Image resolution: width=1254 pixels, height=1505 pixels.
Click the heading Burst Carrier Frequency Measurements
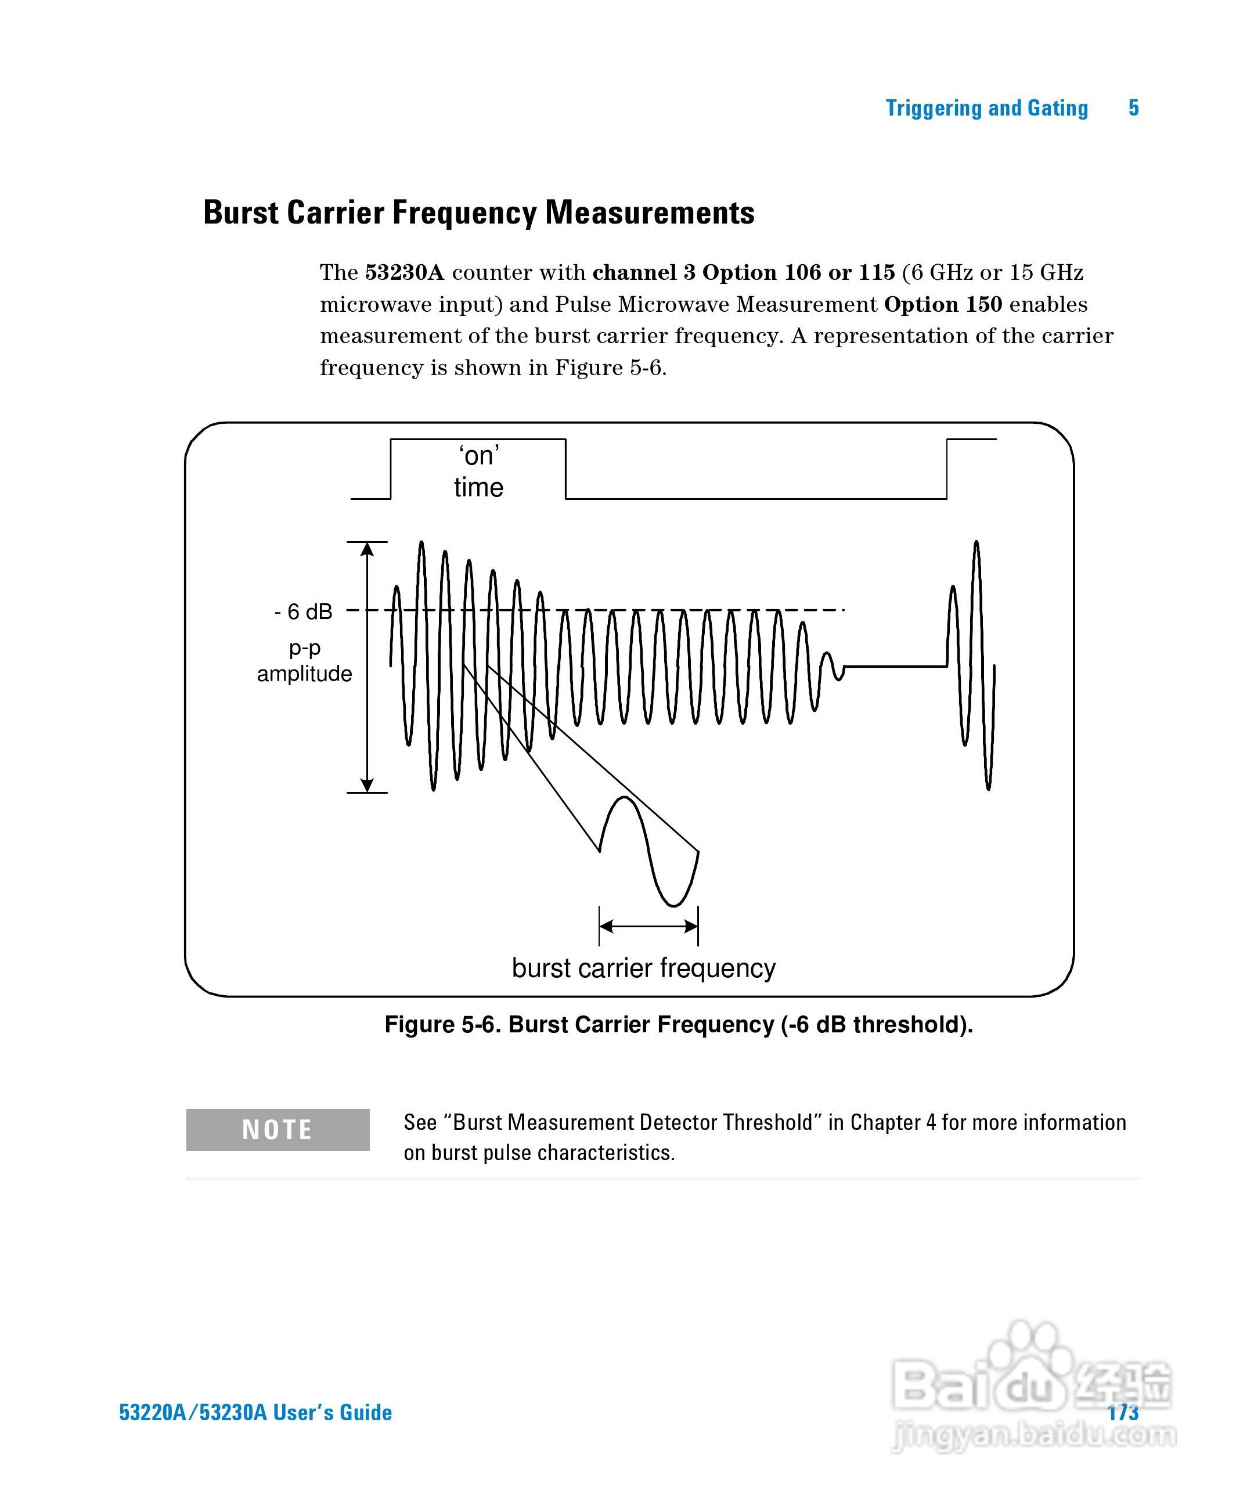(479, 213)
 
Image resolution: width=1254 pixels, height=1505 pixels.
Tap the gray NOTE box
(278, 1129)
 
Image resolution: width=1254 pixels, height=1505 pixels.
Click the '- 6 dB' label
(303, 611)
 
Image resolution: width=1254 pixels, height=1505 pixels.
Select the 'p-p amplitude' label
(305, 661)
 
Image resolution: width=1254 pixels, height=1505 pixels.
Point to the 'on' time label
(479, 471)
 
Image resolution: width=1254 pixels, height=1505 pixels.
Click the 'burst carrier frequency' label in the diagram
(643, 968)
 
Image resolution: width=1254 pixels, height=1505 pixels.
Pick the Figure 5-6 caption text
(678, 1024)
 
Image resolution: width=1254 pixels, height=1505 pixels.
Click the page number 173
(1123, 1412)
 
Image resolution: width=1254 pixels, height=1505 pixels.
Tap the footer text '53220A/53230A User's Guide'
(255, 1413)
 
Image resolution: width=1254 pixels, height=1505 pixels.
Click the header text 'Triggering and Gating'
(987, 108)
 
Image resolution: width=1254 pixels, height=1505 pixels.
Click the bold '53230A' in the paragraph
(405, 273)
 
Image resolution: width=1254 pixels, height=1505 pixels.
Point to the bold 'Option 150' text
(943, 305)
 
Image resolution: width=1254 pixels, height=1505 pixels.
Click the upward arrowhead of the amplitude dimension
(367, 549)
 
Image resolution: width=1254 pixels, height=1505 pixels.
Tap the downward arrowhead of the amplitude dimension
(367, 785)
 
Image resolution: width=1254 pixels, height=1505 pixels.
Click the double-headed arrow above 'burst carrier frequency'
(648, 927)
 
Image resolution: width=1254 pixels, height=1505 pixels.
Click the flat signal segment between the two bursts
(896, 667)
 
